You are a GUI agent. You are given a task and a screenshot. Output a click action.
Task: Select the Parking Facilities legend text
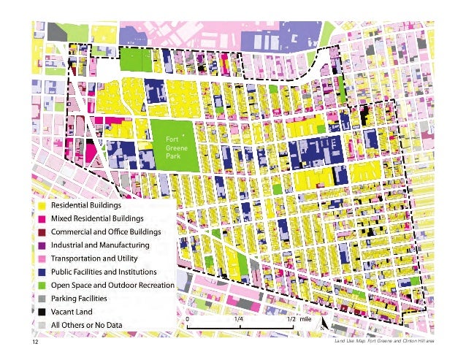click(78, 298)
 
